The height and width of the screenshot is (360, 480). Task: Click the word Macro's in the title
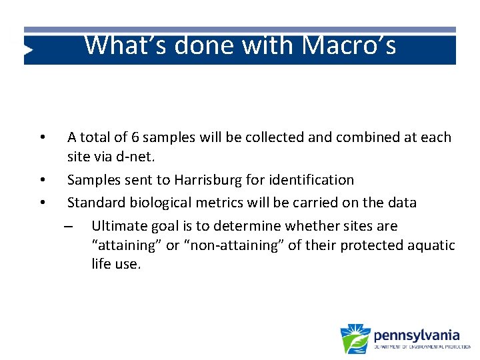point(349,45)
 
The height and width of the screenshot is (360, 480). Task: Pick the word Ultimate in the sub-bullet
point(117,225)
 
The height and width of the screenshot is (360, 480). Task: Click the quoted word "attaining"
point(127,245)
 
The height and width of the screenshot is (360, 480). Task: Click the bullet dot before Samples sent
point(42,180)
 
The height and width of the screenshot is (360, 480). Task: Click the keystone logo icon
point(355,339)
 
